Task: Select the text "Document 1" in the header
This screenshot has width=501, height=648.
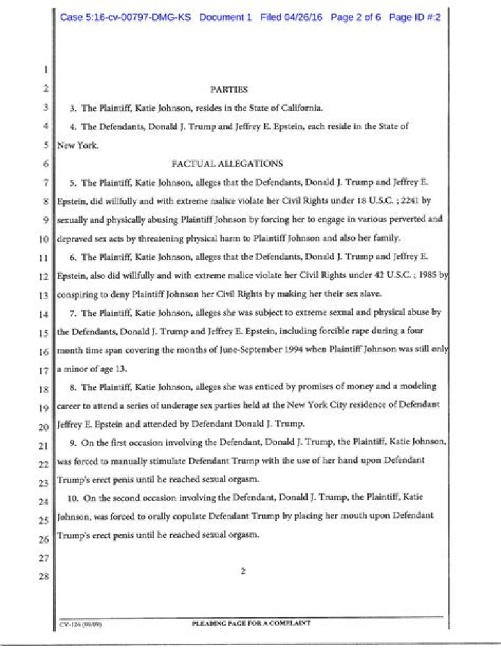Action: click(x=225, y=17)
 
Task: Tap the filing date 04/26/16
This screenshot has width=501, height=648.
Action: click(x=303, y=17)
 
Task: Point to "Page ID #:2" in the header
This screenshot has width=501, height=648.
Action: click(x=415, y=17)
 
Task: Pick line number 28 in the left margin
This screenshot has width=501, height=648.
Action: click(x=43, y=577)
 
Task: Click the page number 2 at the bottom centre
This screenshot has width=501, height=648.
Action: click(x=243, y=571)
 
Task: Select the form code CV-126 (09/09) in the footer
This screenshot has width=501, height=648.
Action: click(x=81, y=626)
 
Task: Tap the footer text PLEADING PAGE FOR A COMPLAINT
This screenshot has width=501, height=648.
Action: click(x=250, y=624)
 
